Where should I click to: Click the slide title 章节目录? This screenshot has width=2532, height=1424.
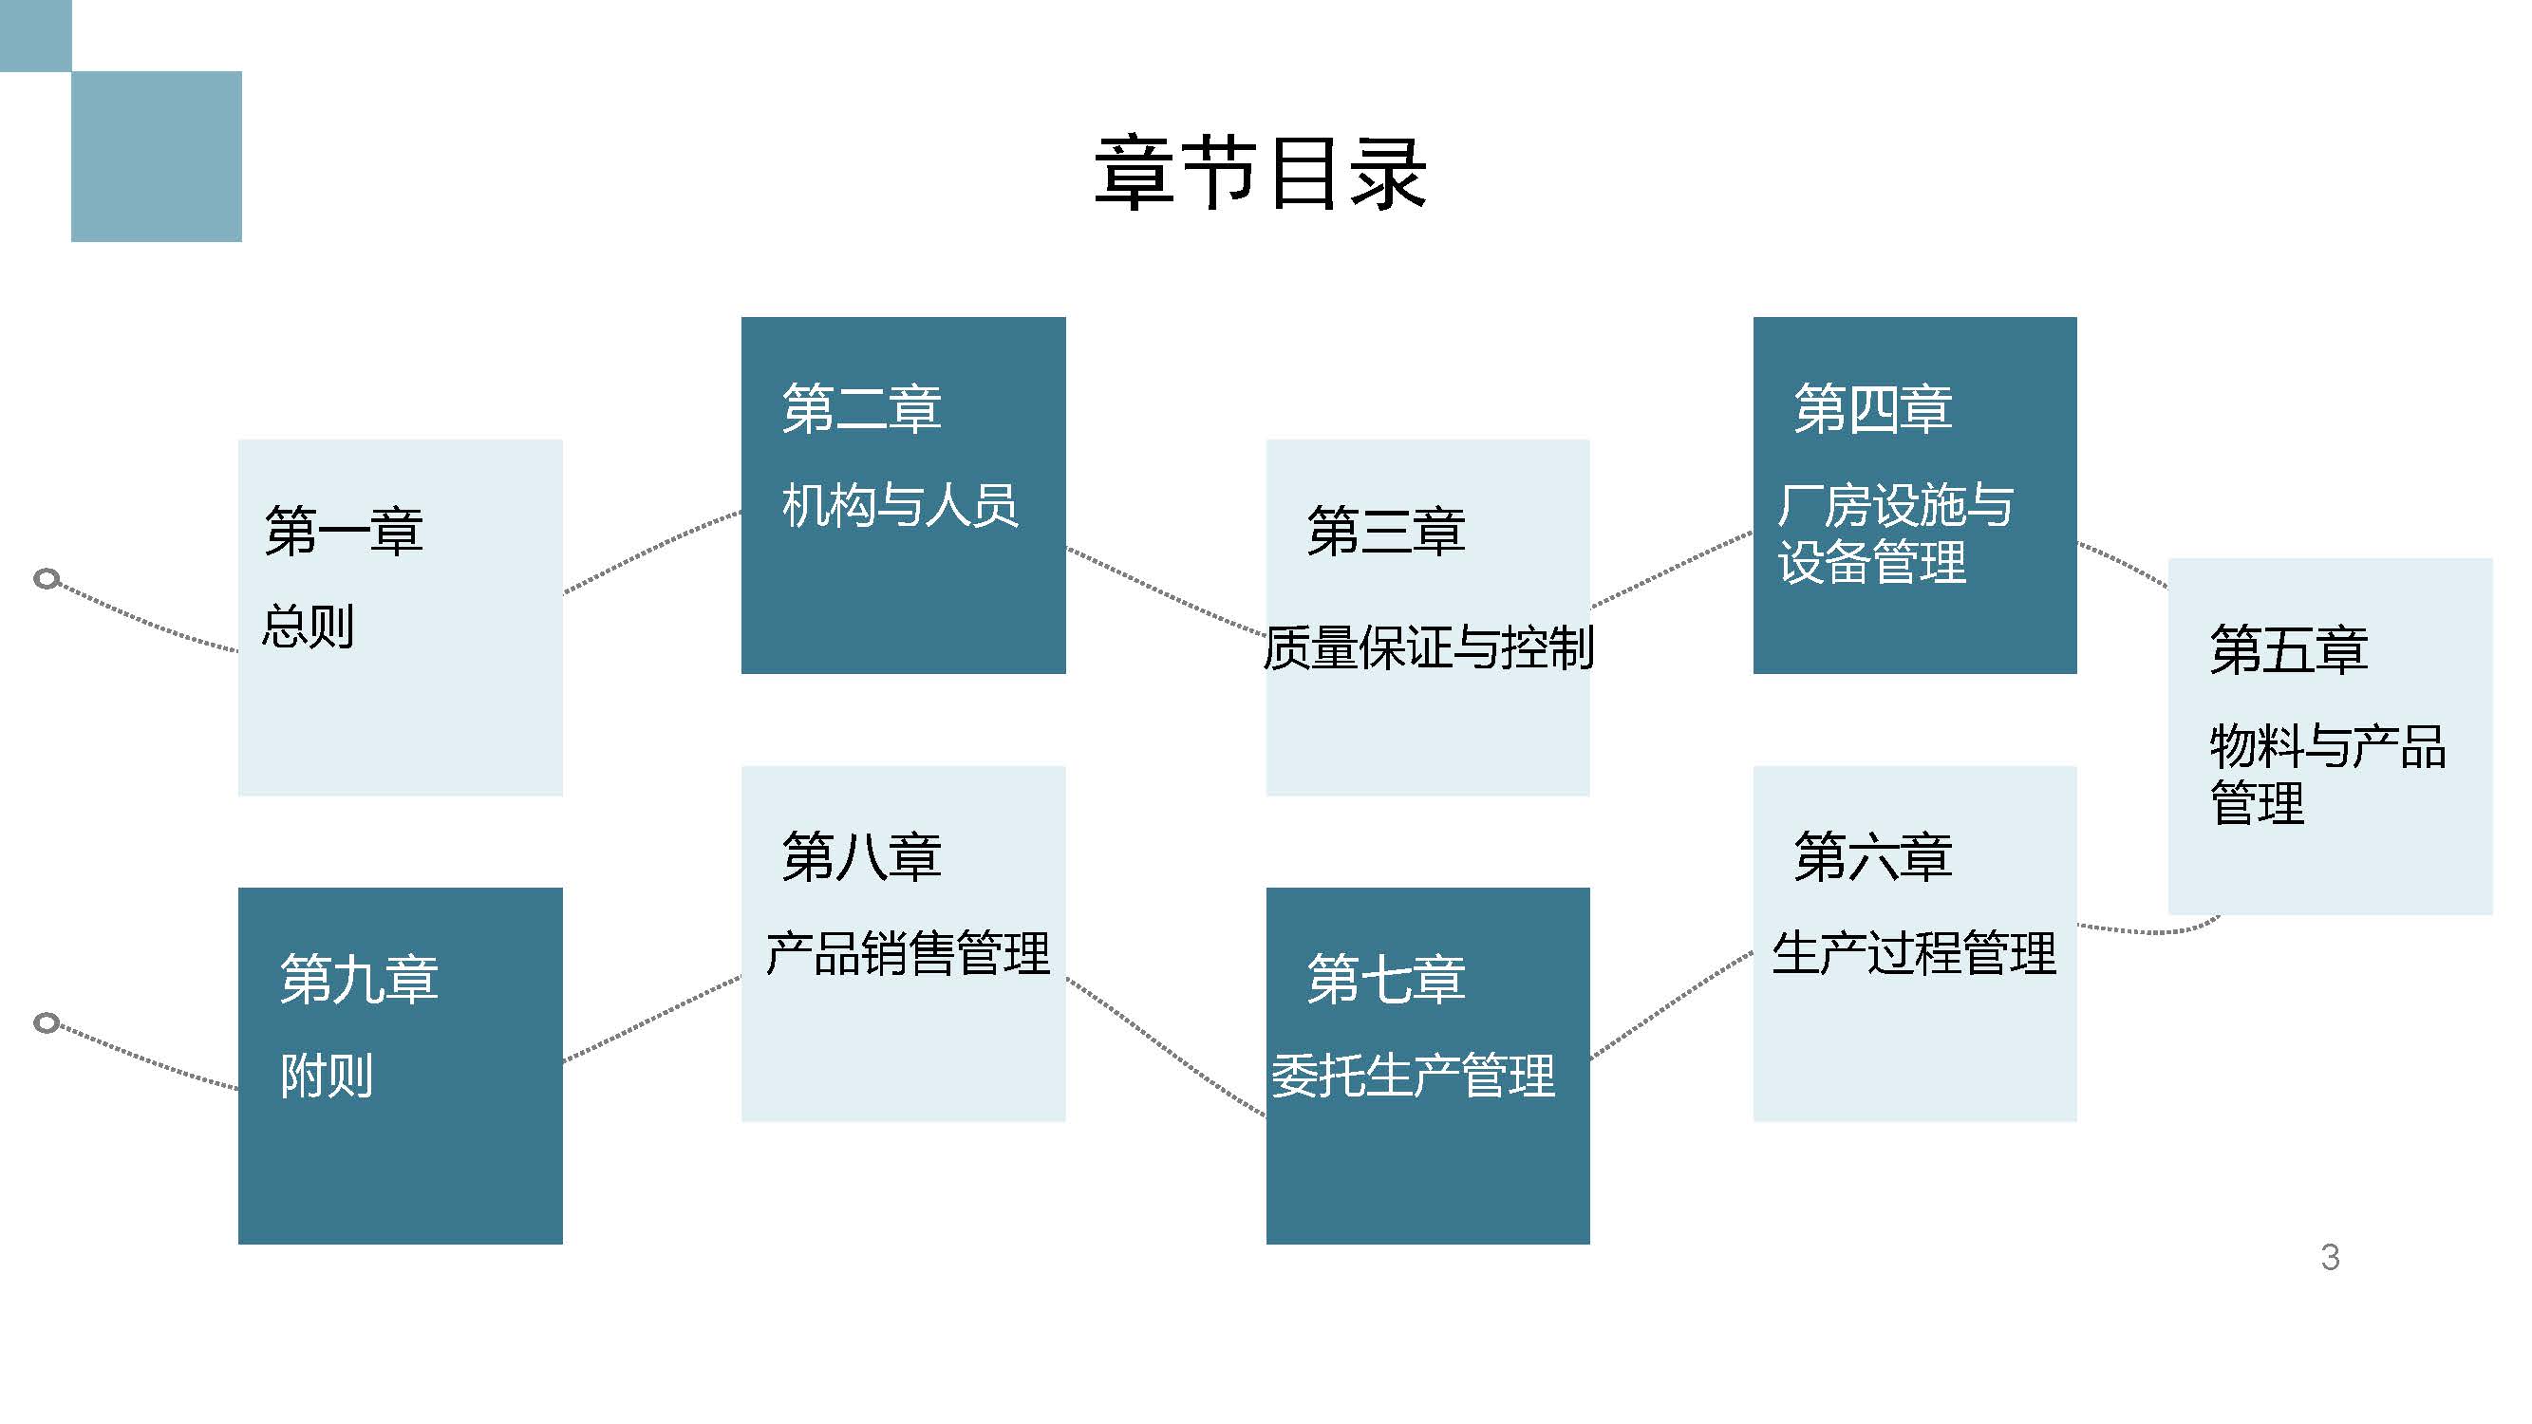click(1260, 174)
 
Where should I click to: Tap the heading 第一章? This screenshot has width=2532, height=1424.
click(343, 531)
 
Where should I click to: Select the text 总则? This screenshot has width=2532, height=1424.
click(308, 626)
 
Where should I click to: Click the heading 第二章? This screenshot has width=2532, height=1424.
click(861, 408)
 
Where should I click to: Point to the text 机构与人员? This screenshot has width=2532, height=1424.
click(899, 505)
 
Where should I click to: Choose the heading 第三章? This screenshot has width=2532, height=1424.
click(1386, 531)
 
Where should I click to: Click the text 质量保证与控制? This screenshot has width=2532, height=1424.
click(1427, 647)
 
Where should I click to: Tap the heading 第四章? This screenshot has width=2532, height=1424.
click(1872, 408)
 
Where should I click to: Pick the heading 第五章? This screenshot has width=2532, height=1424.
click(2288, 649)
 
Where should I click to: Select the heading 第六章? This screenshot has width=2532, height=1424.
click(1872, 856)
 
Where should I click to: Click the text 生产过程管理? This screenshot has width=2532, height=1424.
click(1913, 953)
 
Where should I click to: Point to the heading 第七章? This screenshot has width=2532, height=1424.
click(1386, 979)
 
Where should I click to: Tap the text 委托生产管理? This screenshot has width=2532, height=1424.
click(1413, 1076)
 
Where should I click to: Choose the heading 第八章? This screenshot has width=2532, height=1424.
click(861, 856)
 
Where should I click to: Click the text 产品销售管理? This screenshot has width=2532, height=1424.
click(908, 953)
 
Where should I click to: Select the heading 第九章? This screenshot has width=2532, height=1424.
click(359, 979)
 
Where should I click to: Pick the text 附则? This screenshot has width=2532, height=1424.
click(327, 1076)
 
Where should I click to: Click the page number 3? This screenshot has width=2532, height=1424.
click(2330, 1257)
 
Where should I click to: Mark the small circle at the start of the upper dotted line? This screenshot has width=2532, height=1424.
click(47, 578)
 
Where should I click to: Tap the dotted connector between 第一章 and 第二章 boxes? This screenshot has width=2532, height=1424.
click(651, 553)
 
